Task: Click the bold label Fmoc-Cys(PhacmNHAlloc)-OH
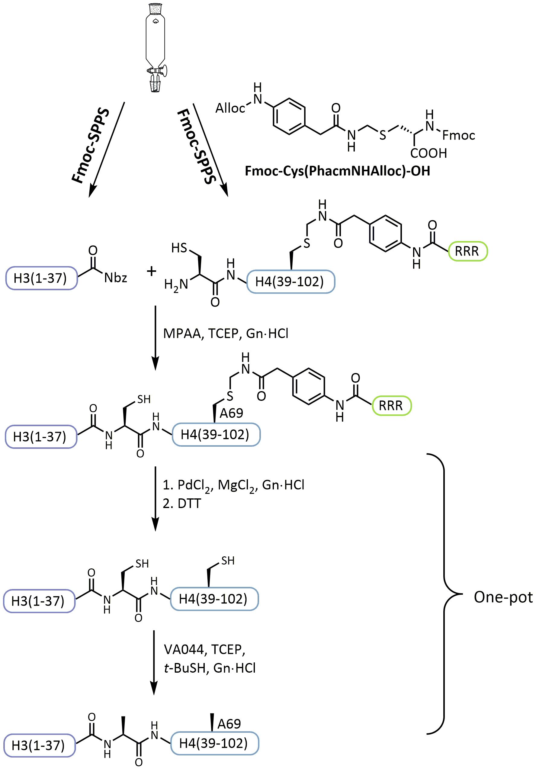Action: pos(337,171)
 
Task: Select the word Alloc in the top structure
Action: pos(230,108)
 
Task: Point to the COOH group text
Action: pos(428,153)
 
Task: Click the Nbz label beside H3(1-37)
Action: pos(115,278)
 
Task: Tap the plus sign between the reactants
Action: pos(151,271)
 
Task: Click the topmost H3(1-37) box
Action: pos(41,278)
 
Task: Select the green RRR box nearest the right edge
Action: pos(467,251)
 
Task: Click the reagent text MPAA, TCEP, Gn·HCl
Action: pos(226,333)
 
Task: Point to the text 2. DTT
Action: pos(182,504)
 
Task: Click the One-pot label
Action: pos(503,597)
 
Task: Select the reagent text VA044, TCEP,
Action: pos(204,649)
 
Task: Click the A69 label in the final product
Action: pos(229,724)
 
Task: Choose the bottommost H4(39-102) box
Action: pos(214,743)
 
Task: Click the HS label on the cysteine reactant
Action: pos(179,248)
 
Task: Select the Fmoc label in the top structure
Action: pos(458,135)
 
